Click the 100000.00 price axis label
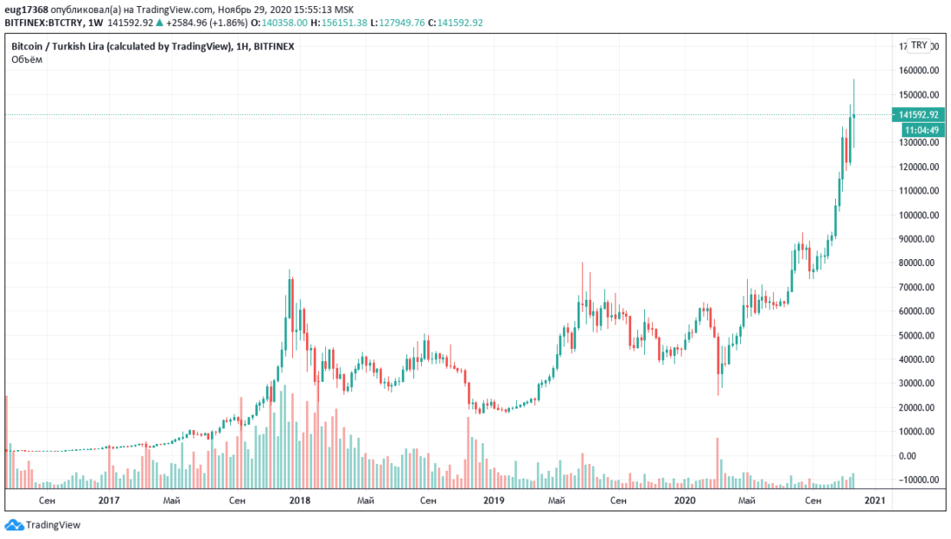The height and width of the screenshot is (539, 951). point(919,215)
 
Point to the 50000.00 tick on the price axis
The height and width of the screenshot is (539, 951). point(919,335)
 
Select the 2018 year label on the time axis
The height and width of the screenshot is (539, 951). point(300,500)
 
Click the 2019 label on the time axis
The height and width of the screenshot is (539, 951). point(493,500)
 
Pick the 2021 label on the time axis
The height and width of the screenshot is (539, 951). point(875,500)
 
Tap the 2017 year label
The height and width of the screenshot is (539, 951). point(108,500)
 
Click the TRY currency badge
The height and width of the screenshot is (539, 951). point(919,46)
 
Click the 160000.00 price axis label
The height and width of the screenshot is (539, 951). point(919,71)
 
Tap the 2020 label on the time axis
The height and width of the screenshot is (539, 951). point(684,500)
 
